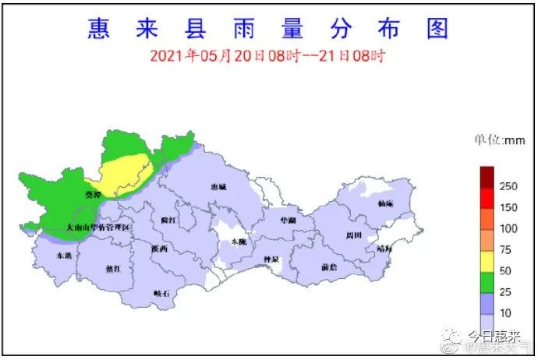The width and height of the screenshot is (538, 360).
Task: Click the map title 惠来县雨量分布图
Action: (268, 30)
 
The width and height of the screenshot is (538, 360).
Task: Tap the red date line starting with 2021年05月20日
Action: (268, 56)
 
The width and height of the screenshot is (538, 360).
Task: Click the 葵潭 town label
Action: (93, 194)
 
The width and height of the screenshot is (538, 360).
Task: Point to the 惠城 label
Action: (219, 188)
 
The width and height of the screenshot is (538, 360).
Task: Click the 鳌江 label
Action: (113, 268)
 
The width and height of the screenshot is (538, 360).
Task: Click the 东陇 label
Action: (236, 242)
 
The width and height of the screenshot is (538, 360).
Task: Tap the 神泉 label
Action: (271, 259)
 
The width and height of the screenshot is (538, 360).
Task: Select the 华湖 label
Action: (288, 221)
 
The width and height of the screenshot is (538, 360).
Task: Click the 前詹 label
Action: (329, 266)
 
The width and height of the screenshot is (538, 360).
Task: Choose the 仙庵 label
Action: (385, 203)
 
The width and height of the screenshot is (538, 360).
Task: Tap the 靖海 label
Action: (385, 249)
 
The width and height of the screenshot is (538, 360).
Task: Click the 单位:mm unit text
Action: (500, 140)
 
